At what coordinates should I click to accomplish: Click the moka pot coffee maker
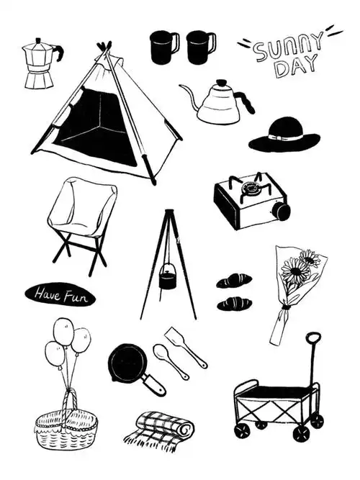tap(39, 64)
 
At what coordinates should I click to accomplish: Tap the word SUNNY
tap(288, 48)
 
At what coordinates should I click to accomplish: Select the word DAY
tap(296, 65)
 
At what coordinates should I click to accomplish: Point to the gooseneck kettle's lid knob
tap(221, 83)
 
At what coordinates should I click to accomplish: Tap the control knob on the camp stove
tap(282, 211)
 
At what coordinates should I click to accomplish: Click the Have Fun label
tap(60, 294)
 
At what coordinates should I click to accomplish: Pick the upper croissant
tap(234, 281)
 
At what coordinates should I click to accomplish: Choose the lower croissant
tap(235, 304)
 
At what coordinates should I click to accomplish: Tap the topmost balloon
tap(63, 332)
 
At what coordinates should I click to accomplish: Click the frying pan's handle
tap(154, 385)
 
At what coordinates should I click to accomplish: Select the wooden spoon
tap(171, 361)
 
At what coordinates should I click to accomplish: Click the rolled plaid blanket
tap(159, 431)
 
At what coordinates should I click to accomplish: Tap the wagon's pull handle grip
tap(313, 338)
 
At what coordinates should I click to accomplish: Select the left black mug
tap(164, 47)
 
